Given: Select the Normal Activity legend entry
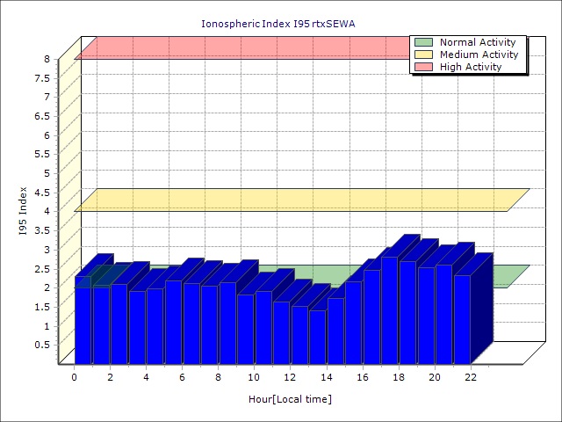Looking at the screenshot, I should (x=478, y=42).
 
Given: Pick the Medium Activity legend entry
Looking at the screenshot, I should (x=479, y=55).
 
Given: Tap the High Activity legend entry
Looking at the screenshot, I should (x=471, y=67).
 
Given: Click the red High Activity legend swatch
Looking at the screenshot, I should (x=423, y=67).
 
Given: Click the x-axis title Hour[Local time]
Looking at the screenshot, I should (x=290, y=399).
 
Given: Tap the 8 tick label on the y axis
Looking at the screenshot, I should (x=47, y=59).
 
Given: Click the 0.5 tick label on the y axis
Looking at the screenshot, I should (x=41, y=344).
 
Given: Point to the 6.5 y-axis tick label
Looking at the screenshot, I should (x=41, y=116).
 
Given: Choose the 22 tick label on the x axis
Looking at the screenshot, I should (x=471, y=377).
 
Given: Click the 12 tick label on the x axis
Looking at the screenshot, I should (x=291, y=377).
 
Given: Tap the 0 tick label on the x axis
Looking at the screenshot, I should (x=75, y=377).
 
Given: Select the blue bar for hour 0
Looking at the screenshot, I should (x=83, y=325).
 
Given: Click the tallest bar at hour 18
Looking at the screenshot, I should (x=389, y=312).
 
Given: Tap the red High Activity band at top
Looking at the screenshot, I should (x=246, y=47).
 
